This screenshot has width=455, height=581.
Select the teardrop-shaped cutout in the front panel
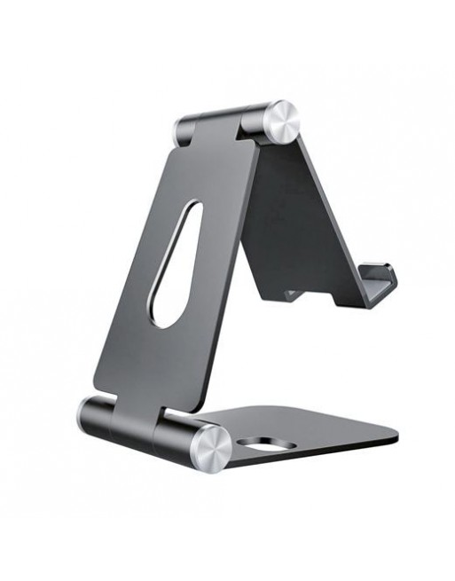(174, 266)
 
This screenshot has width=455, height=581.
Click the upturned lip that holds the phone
(380, 282)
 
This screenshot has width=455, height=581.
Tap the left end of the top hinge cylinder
(182, 130)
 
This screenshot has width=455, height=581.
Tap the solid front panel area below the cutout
(151, 364)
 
